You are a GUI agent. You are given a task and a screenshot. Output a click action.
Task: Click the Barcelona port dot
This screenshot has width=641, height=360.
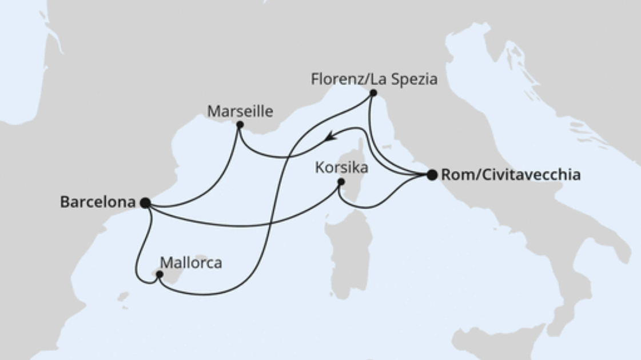(x=145, y=202)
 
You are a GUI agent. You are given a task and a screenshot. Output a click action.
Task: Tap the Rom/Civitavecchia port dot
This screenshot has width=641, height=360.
(x=432, y=175)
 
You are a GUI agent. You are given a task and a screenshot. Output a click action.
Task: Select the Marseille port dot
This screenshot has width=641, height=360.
(x=240, y=125)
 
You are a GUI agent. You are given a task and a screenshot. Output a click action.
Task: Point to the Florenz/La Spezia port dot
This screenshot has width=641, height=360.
(x=373, y=93)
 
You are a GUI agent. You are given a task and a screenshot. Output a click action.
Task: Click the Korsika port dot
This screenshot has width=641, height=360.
(x=341, y=182)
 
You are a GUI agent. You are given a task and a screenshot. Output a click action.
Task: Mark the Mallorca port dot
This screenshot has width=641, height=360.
(x=160, y=274)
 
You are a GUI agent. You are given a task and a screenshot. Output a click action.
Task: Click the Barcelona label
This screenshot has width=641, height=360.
(x=97, y=202)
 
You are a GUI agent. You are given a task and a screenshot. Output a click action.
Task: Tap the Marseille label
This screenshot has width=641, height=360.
(x=240, y=111)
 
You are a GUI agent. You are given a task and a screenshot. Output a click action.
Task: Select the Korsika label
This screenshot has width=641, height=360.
(x=341, y=168)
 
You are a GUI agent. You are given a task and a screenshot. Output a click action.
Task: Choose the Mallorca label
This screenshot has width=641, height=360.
(x=191, y=263)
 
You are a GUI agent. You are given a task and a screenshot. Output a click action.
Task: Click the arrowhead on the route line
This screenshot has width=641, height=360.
(x=330, y=137)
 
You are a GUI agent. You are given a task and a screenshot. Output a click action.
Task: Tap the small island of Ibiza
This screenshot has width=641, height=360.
(x=122, y=297)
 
